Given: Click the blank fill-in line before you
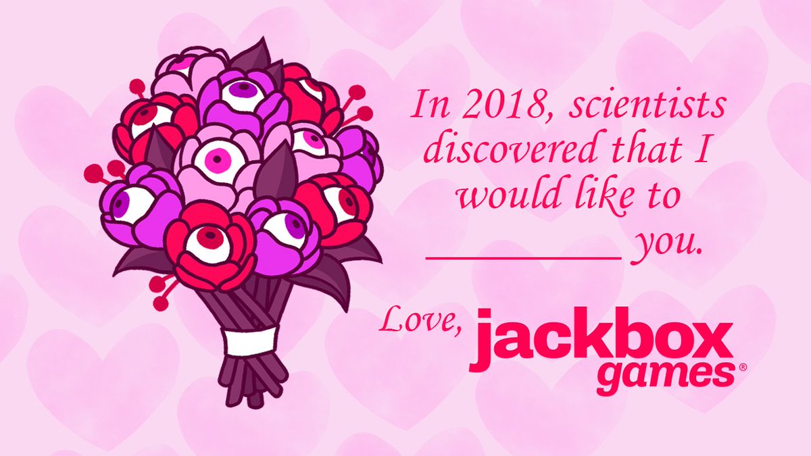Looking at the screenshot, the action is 524,258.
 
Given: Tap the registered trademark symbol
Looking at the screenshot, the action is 742,367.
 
